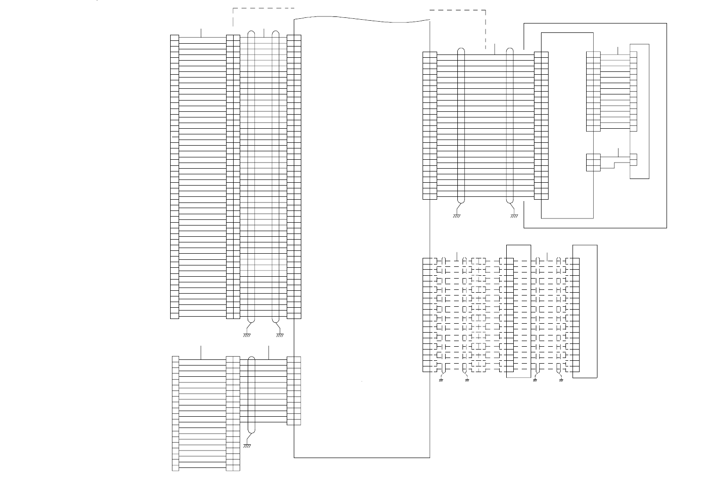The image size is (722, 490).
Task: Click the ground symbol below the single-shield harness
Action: [x=247, y=446]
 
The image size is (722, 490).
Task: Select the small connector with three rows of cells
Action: [x=593, y=163]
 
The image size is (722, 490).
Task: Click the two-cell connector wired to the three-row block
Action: [x=633, y=160]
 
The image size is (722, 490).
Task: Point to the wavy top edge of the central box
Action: [x=362, y=19]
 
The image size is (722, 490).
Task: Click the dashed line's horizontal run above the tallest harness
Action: [x=263, y=8]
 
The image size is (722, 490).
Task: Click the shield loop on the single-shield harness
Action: [x=251, y=395]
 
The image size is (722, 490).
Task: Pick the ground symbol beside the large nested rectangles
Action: [x=514, y=216]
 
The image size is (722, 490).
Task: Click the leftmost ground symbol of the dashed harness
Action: [x=441, y=380]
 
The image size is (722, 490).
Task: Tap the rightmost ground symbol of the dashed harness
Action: [x=561, y=380]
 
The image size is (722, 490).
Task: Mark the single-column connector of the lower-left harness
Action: [x=175, y=413]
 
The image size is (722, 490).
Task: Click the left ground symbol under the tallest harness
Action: [x=246, y=335]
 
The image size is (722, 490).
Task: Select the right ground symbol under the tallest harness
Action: [x=280, y=335]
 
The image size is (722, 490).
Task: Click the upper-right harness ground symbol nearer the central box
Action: [x=456, y=216]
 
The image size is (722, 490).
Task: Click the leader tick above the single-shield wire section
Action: [x=268, y=352]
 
